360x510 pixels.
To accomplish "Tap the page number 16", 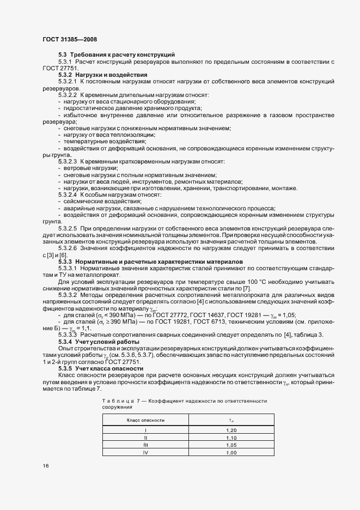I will tap(46, 466).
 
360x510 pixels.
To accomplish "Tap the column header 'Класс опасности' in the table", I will tap(145, 420).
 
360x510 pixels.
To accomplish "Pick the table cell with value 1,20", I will tap(231, 430).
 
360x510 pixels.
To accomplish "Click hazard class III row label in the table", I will tap(145, 445).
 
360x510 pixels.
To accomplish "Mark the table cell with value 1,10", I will tap(231, 438).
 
